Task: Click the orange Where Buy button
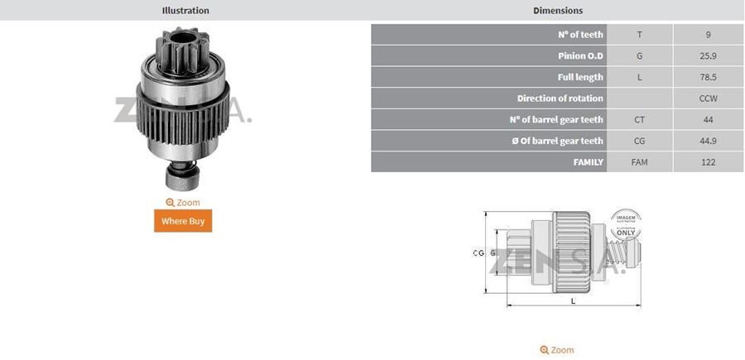[183, 221]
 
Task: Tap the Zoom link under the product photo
[183, 202]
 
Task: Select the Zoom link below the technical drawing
[557, 350]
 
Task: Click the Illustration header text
[185, 11]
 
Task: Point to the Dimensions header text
[557, 11]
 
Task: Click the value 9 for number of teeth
[708, 35]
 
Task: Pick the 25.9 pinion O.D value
[708, 56]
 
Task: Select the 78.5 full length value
[708, 77]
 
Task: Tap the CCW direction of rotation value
[708, 98]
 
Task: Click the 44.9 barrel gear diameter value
[708, 141]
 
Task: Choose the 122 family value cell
[708, 162]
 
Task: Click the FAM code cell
[639, 162]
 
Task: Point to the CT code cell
[639, 120]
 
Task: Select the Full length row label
[580, 77]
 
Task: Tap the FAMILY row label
[588, 162]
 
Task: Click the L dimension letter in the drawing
[573, 302]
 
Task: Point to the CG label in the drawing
[478, 253]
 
